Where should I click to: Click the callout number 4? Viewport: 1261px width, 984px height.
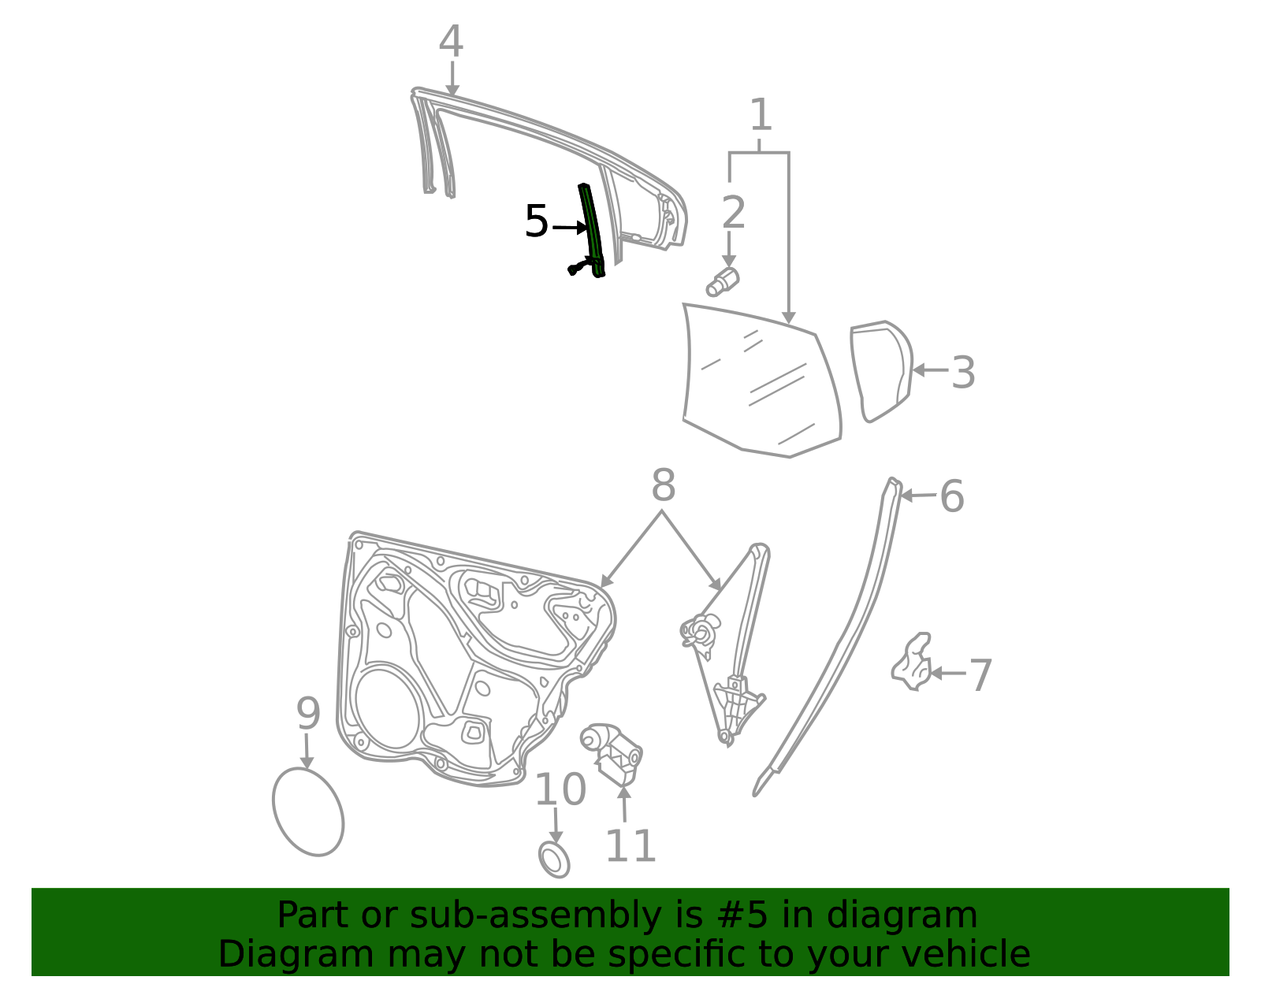[451, 41]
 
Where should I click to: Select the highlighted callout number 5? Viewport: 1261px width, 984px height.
[536, 221]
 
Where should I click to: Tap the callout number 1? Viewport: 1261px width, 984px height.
[761, 114]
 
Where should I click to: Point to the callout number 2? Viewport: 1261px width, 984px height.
[734, 212]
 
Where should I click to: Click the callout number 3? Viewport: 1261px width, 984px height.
[963, 373]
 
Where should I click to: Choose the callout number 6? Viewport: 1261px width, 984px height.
[952, 496]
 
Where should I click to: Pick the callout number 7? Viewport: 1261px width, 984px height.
[980, 675]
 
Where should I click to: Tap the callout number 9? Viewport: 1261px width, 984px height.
[308, 714]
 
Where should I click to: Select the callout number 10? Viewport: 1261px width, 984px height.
[560, 789]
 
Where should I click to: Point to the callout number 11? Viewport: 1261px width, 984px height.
[630, 846]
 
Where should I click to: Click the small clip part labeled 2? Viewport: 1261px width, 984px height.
[723, 282]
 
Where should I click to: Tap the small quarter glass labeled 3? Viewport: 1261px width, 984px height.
[881, 372]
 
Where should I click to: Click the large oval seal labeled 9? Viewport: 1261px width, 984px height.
[308, 811]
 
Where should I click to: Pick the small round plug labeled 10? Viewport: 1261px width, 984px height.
[554, 860]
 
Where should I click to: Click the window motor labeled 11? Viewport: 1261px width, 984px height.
[612, 754]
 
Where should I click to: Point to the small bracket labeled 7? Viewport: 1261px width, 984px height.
[912, 662]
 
